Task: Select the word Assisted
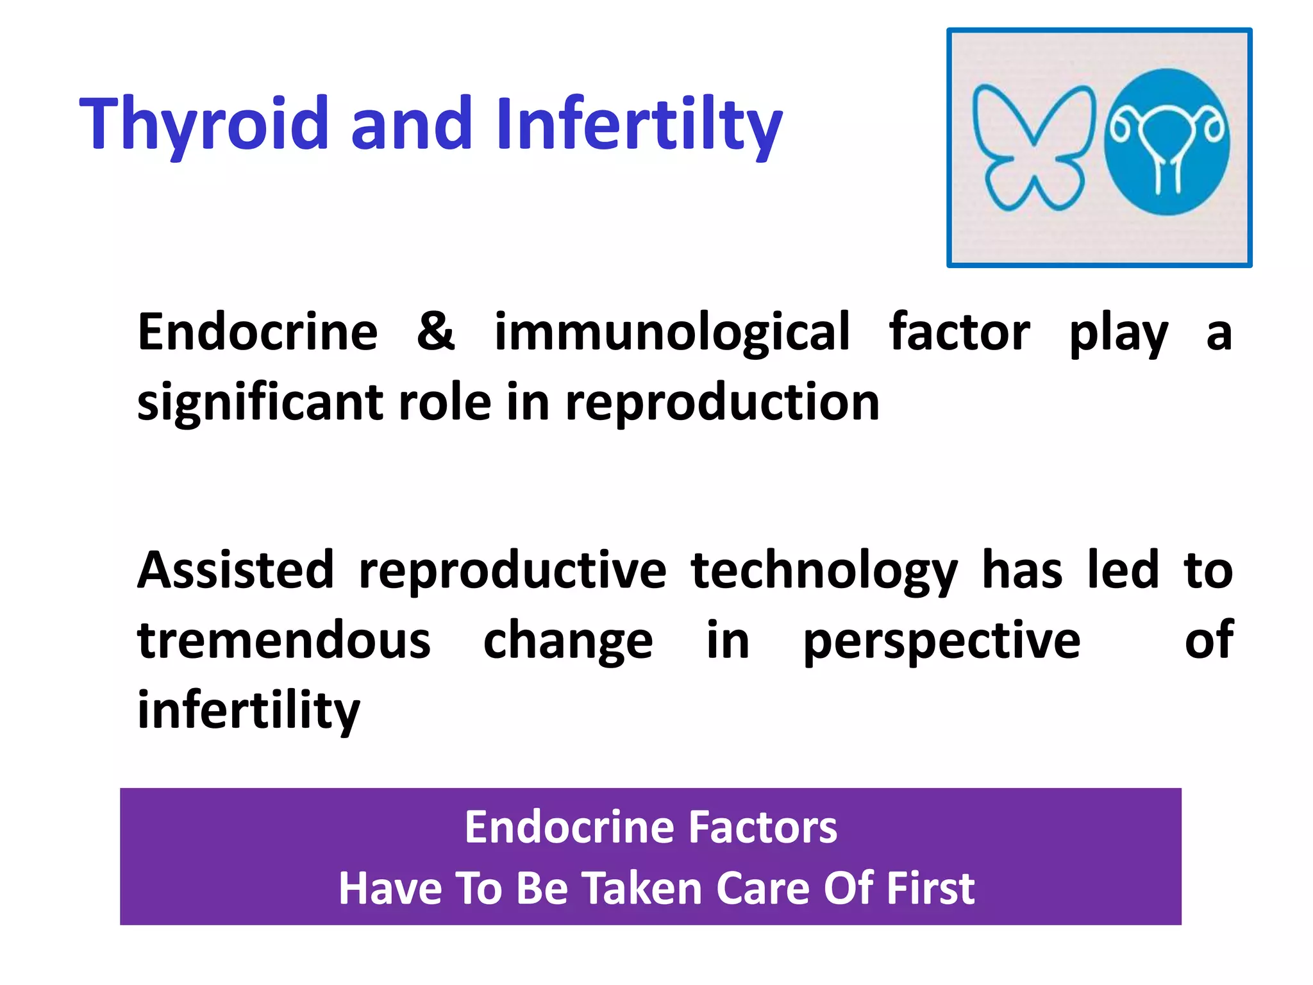[235, 570]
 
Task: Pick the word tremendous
[284, 641]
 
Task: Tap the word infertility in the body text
[249, 711]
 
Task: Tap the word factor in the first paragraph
[959, 332]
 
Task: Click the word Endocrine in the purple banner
[567, 827]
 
